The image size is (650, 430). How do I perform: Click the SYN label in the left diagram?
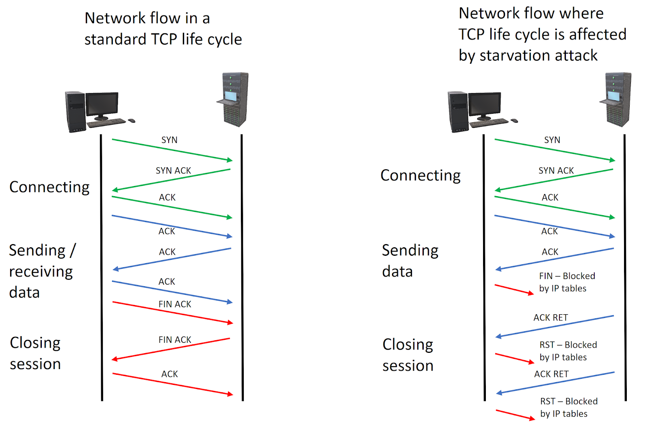(x=169, y=140)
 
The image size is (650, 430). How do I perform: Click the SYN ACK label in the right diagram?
(x=556, y=171)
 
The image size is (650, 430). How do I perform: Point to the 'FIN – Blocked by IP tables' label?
(x=566, y=282)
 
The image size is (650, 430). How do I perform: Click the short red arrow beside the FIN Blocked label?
(x=514, y=289)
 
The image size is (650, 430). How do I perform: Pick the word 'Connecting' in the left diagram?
(x=50, y=187)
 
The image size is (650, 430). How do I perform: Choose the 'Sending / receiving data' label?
(x=42, y=271)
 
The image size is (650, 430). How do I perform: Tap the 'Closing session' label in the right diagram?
(x=408, y=355)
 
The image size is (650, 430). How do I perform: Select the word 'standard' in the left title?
(x=115, y=39)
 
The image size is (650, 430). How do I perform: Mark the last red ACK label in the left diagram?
(x=170, y=374)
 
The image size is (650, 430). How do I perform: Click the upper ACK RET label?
(x=550, y=318)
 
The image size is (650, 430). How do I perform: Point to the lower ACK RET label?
(x=551, y=374)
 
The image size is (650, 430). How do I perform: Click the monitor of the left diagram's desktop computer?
(x=102, y=104)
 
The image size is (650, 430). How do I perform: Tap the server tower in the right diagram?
(x=617, y=99)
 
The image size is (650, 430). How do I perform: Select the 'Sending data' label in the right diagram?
(x=410, y=261)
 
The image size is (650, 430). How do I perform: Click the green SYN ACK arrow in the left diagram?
(x=171, y=179)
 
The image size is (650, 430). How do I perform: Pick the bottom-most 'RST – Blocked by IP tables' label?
(x=568, y=407)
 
